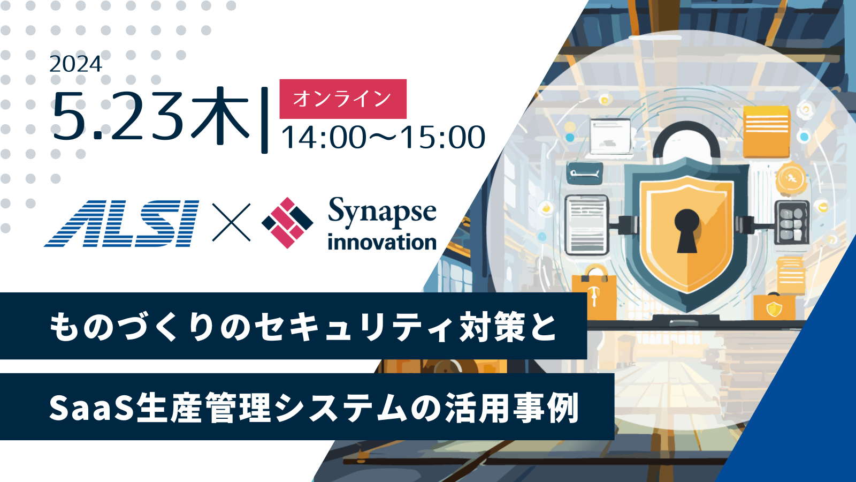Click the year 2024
pyautogui.click(x=75, y=64)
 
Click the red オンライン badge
pyautogui.click(x=343, y=99)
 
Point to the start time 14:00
pyautogui.click(x=324, y=137)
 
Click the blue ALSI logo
pyautogui.click(x=122, y=223)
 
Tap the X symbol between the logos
pyautogui.click(x=231, y=222)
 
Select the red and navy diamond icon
pyautogui.click(x=287, y=223)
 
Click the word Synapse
pyautogui.click(x=382, y=212)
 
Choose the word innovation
pyautogui.click(x=382, y=243)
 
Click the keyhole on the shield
pyautogui.click(x=687, y=231)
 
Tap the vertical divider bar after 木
pyautogui.click(x=264, y=120)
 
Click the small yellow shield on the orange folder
pyautogui.click(x=774, y=308)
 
